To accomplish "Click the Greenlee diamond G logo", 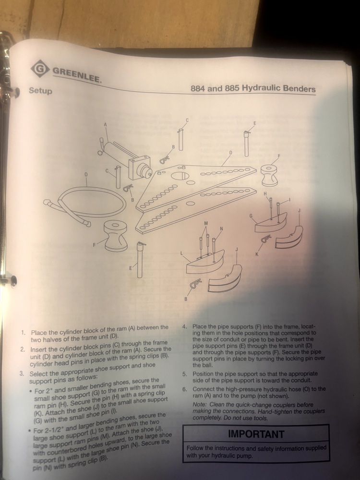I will tap(40, 69).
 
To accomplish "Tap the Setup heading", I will tap(40, 90).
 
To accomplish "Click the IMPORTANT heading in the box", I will tap(256, 434).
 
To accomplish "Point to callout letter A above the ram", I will tap(105, 125).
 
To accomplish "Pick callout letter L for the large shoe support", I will tap(181, 253).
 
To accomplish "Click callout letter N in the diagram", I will tap(221, 228).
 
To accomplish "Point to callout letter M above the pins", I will tap(206, 223).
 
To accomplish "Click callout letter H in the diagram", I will tap(264, 193).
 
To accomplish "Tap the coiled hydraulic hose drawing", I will tap(86, 204).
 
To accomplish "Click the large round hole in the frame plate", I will tap(180, 175).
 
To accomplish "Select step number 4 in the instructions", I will tap(185, 326).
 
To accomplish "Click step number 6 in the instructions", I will tap(185, 389).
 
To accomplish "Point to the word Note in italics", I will tap(200, 404).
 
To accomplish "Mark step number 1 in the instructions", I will tap(23, 332).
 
